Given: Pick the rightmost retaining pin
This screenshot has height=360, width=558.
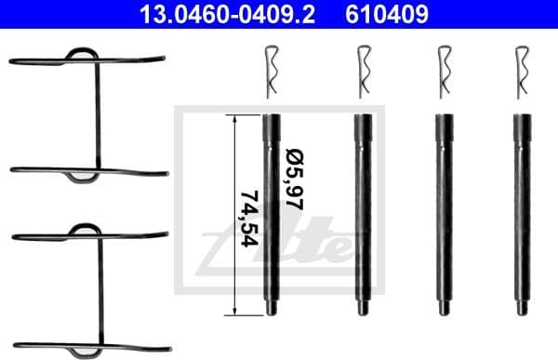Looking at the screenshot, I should point(522,214).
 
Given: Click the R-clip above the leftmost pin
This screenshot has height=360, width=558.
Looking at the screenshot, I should point(271,74).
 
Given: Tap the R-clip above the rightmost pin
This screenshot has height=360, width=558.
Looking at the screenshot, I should point(522,74).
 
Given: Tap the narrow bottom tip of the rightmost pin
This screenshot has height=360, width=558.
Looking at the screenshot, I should point(522,312).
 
